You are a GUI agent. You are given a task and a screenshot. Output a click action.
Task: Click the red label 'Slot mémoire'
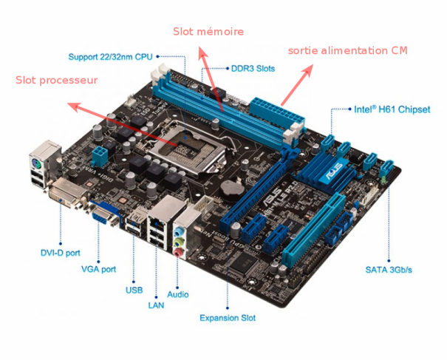(208, 31)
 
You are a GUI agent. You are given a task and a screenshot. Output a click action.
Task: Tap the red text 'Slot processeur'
(56, 80)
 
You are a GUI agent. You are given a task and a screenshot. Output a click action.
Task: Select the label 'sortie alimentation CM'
(347, 50)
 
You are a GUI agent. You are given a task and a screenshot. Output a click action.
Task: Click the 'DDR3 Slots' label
(253, 69)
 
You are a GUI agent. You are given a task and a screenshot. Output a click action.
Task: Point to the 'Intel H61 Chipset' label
(392, 109)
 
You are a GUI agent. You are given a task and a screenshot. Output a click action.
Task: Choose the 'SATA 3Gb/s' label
(389, 270)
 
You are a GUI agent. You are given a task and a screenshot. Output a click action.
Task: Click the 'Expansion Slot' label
(228, 318)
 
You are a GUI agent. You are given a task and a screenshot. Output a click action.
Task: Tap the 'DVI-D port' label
(61, 253)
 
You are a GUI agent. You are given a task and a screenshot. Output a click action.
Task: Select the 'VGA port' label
(99, 269)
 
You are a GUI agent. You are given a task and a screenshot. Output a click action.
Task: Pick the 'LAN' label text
(156, 305)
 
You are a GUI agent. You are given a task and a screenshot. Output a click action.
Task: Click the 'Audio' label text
(178, 294)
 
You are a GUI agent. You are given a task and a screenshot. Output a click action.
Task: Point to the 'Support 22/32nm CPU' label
(111, 57)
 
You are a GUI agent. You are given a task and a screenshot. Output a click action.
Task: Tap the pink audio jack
(178, 252)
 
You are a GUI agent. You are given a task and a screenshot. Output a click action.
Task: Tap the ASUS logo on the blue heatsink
(333, 171)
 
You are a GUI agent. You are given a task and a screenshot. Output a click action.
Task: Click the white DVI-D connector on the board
(67, 194)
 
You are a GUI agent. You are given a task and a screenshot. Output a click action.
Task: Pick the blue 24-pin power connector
(276, 112)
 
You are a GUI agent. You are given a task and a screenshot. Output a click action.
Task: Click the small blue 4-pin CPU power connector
(100, 156)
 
